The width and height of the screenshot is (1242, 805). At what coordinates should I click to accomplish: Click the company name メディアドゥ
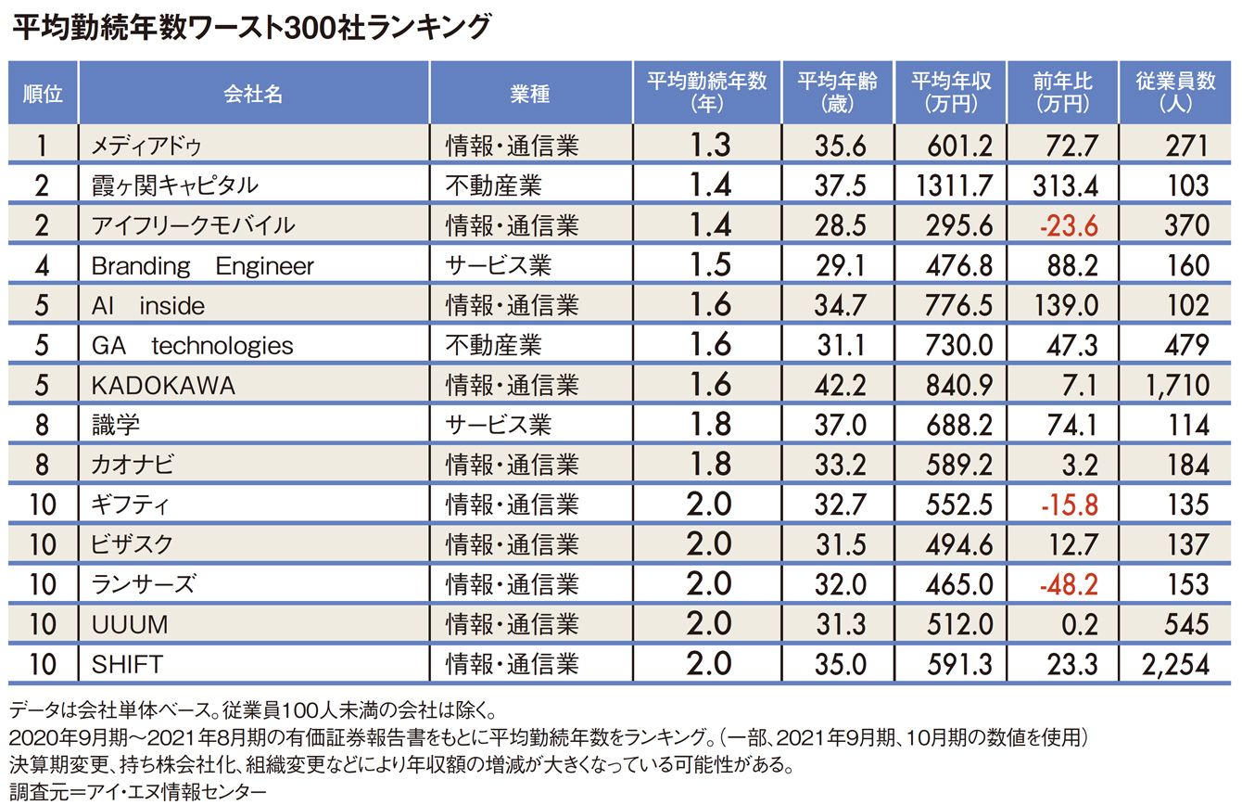pyautogui.click(x=146, y=146)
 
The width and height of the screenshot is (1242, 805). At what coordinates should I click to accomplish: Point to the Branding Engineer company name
pyautogui.click(x=202, y=266)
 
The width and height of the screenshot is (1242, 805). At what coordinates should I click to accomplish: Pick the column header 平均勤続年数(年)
pyautogui.click(x=707, y=92)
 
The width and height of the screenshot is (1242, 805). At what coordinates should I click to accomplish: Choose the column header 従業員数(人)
pyautogui.click(x=1176, y=92)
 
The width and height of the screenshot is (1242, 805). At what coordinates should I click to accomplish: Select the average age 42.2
pyautogui.click(x=841, y=385)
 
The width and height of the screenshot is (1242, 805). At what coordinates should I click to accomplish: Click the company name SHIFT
pyautogui.click(x=127, y=664)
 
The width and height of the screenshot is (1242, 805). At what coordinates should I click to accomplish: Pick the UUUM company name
pyautogui.click(x=130, y=624)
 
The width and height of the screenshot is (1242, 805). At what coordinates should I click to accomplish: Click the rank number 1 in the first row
pyautogui.click(x=43, y=146)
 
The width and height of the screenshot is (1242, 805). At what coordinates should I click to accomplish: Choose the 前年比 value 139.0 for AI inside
pyautogui.click(x=1066, y=305)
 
